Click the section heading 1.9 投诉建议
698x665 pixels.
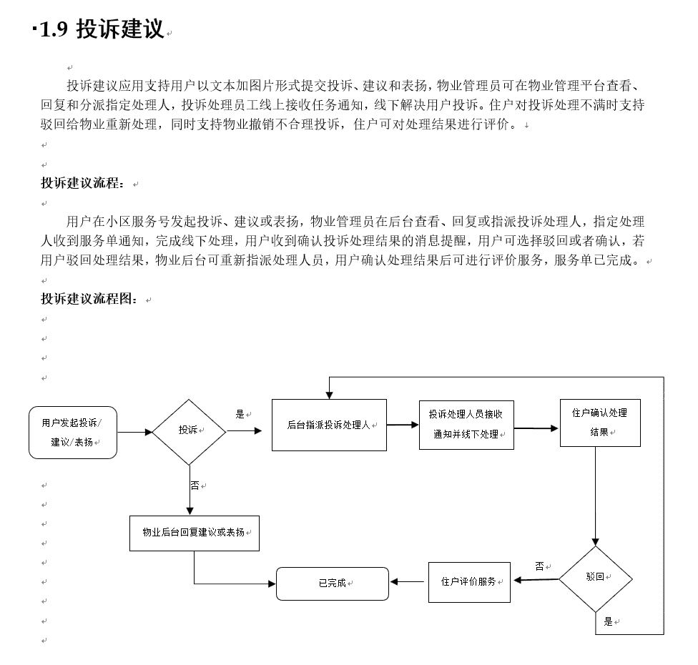pyautogui.click(x=102, y=29)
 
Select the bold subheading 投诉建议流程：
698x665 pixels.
pyautogui.click(x=83, y=183)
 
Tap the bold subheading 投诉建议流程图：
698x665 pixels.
pyautogui.click(x=89, y=299)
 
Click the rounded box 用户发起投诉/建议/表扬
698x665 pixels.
pyautogui.click(x=73, y=432)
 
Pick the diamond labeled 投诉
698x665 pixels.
pyautogui.click(x=190, y=432)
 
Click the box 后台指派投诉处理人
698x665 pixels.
pyautogui.click(x=330, y=425)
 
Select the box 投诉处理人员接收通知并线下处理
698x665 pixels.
pyautogui.click(x=466, y=425)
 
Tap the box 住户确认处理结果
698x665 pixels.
pyautogui.click(x=600, y=423)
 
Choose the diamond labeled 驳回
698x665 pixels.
pyautogui.click(x=596, y=578)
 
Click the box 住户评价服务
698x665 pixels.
pyautogui.click(x=469, y=582)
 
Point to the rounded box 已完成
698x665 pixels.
pyautogui.click(x=333, y=583)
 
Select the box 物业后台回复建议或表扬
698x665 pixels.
pyautogui.click(x=195, y=533)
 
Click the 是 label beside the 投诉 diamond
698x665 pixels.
pyautogui.click(x=240, y=415)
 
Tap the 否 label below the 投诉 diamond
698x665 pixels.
pyautogui.click(x=195, y=486)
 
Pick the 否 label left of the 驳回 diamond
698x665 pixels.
pyautogui.click(x=539, y=566)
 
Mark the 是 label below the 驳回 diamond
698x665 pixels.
pyautogui.click(x=608, y=622)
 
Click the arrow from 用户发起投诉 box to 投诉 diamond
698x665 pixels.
pyautogui.click(x=135, y=432)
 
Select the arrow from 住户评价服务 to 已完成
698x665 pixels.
pyautogui.click(x=408, y=582)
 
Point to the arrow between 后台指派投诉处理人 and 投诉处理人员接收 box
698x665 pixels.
pyautogui.click(x=403, y=425)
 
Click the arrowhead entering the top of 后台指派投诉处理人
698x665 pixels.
pyautogui.click(x=329, y=395)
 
